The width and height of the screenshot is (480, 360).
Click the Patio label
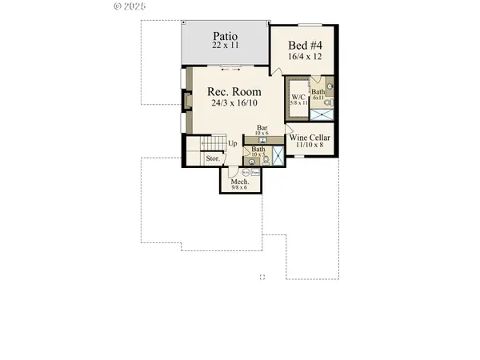pos(226,36)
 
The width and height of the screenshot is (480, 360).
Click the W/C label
pos(296,98)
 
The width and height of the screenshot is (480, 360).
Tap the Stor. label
pos(213,158)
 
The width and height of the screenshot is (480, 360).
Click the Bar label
pos(262,127)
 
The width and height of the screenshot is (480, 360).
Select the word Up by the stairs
pos(232,144)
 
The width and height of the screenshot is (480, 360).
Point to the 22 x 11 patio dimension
pos(225,47)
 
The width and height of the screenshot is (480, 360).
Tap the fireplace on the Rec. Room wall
pos(188,102)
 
